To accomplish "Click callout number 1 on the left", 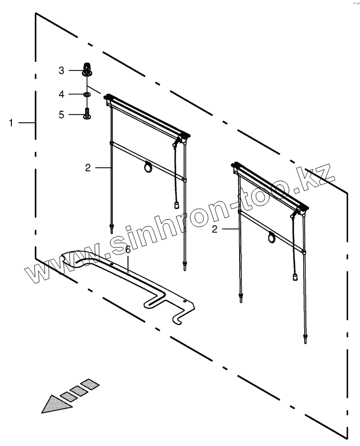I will pyautogui.click(x=10, y=123).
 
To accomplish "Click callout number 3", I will pyautogui.click(x=62, y=70).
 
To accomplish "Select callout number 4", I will pyautogui.click(x=62, y=94).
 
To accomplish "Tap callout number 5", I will pyautogui.click(x=62, y=114).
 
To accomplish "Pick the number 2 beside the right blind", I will pyautogui.click(x=215, y=230).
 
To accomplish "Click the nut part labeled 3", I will pyautogui.click(x=86, y=70).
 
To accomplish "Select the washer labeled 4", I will pyautogui.click(x=87, y=94).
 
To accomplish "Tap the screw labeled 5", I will pyautogui.click(x=87, y=114).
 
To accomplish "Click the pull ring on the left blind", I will pyautogui.click(x=148, y=169).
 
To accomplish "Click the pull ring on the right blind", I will pyautogui.click(x=272, y=237).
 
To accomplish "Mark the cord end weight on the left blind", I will pyautogui.click(x=177, y=205).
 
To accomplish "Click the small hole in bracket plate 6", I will pyautogui.click(x=185, y=301).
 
